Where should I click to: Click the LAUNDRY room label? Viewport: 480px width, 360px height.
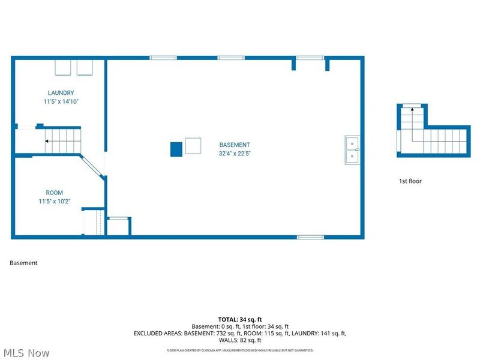[61, 93]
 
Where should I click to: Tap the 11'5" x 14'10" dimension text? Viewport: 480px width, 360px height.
[61, 102]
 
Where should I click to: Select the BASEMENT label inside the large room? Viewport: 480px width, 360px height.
[235, 145]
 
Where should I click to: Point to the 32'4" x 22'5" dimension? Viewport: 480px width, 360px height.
[235, 153]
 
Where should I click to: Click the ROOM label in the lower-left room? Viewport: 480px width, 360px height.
[55, 193]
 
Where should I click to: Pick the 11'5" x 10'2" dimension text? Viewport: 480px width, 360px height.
[55, 202]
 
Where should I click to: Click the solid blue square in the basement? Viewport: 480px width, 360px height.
[176, 149]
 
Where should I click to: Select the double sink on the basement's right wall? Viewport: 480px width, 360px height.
[352, 150]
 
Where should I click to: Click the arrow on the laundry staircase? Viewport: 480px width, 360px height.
[47, 142]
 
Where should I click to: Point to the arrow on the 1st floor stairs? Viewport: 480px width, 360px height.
[412, 110]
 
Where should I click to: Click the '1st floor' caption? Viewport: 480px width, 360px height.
[410, 181]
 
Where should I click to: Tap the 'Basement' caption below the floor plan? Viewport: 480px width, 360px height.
[23, 263]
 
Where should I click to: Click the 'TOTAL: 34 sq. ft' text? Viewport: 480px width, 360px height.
[240, 319]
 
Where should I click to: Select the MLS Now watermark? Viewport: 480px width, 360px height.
[26, 353]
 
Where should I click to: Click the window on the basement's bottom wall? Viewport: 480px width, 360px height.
[311, 237]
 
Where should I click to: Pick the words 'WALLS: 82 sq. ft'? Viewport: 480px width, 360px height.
[240, 340]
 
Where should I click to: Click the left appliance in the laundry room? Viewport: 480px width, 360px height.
[63, 67]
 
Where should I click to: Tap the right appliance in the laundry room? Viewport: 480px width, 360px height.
[84, 67]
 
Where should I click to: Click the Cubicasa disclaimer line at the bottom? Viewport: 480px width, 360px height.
[240, 350]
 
